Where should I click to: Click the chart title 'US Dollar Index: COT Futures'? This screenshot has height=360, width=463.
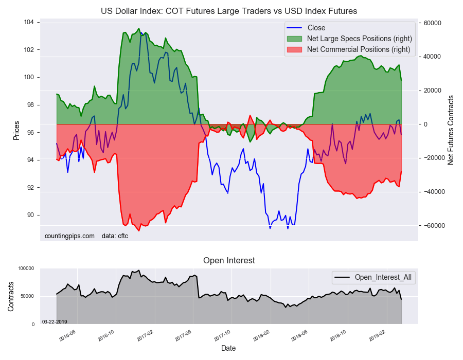[x=229, y=11]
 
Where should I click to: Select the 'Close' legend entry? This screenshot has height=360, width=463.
[x=316, y=28]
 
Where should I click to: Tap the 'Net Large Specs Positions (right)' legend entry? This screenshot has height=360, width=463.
[x=360, y=39]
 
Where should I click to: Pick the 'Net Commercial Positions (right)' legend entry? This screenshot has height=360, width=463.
[x=359, y=49]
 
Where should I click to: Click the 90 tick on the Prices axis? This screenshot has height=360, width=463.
[x=29, y=215]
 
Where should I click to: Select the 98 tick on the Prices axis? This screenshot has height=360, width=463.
[x=29, y=105]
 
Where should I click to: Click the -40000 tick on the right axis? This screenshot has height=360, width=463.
[x=434, y=192]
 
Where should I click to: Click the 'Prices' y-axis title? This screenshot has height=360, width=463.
[x=16, y=130]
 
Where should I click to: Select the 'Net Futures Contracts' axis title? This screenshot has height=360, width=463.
[x=451, y=130]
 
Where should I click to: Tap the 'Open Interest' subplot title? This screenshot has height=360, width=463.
[x=229, y=261]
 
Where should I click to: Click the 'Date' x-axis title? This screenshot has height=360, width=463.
[x=228, y=348]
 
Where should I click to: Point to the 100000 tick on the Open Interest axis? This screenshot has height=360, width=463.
[x=25, y=268]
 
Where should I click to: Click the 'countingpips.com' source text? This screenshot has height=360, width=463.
[x=70, y=236]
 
